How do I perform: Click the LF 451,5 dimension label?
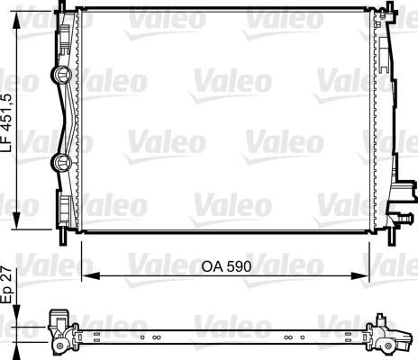pyautogui.click(x=9, y=122)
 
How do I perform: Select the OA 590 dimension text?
pyautogui.click(x=226, y=266)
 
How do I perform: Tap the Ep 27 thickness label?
pyautogui.click(x=8, y=284)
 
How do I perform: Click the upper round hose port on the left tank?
pyautogui.click(x=61, y=75)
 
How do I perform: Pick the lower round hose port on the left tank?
pyautogui.click(x=61, y=162)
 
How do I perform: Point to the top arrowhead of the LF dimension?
pyautogui.click(x=16, y=19)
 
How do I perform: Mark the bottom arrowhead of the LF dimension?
pyautogui.click(x=16, y=221)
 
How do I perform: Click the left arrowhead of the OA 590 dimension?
pyautogui.click(x=91, y=275)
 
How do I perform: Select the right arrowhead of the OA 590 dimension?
pyautogui.click(x=360, y=275)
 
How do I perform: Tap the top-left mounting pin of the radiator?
pyautogui.click(x=63, y=6)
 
